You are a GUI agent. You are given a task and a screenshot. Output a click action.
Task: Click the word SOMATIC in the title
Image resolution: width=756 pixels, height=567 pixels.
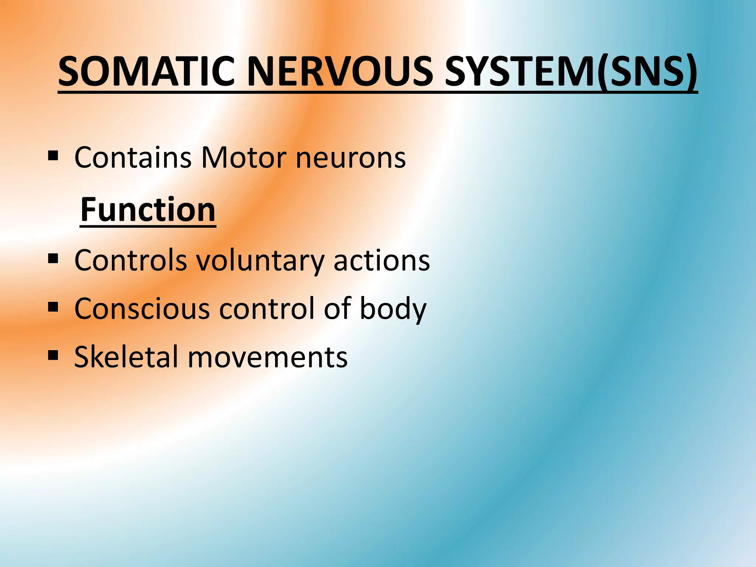[146, 71]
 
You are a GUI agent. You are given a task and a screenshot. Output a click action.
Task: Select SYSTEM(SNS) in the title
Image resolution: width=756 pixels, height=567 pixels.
[571, 71]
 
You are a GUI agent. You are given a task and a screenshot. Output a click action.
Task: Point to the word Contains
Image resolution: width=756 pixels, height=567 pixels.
[133, 158]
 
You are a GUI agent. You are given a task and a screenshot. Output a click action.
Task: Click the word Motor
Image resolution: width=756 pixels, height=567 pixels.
[244, 158]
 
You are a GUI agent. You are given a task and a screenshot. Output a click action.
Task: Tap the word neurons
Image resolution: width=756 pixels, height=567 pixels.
[350, 158]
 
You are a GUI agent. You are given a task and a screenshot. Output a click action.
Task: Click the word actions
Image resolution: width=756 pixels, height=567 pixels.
[382, 260]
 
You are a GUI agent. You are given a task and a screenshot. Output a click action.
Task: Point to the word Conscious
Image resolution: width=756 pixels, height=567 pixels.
[142, 309]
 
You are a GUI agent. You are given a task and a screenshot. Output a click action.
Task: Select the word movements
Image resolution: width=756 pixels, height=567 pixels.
[268, 357]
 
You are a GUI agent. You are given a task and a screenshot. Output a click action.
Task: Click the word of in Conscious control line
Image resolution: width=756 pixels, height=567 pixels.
[337, 309]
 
